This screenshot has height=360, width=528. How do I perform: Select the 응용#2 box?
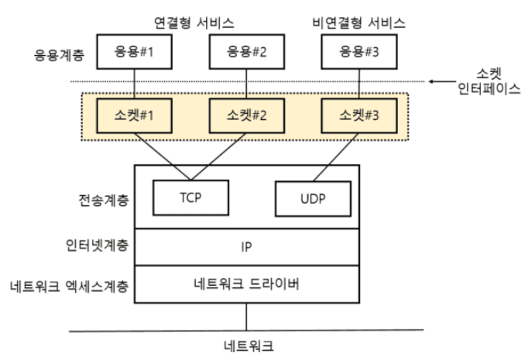(246, 53)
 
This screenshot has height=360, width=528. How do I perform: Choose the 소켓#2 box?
(246, 116)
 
